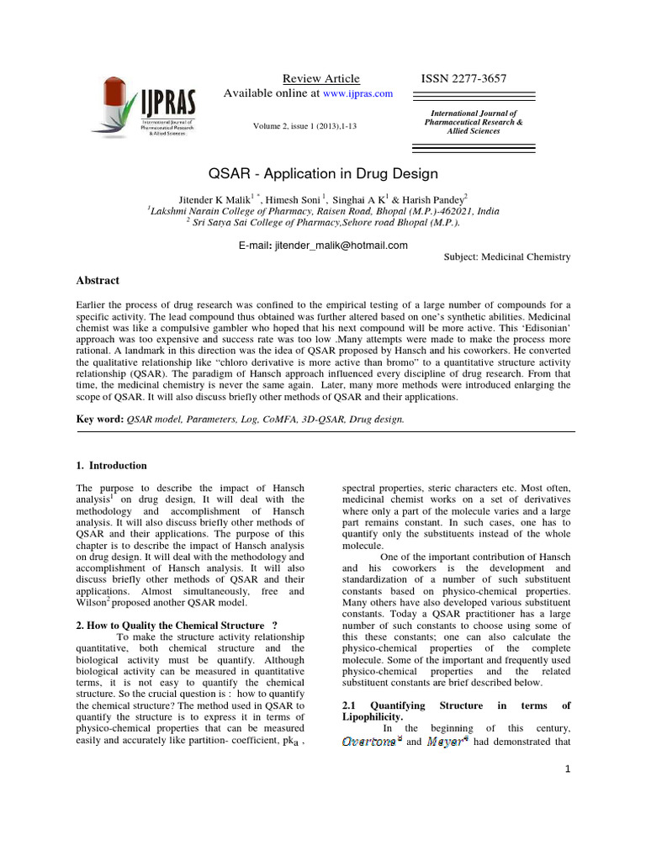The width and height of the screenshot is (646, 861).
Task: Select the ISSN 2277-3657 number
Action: pos(463,78)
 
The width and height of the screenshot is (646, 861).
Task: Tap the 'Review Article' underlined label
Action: pos(320,78)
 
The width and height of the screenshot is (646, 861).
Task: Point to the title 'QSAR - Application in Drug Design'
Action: pos(322,174)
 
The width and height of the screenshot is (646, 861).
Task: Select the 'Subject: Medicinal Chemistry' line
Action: pos(506,257)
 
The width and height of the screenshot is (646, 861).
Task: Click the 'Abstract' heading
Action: pos(98,280)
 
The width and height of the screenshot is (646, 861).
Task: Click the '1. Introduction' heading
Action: pos(112,465)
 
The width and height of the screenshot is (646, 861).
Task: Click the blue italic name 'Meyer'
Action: pos(446,742)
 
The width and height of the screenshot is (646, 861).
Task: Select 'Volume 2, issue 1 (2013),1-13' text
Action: pos(310,126)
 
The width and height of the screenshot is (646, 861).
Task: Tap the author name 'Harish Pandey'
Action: pos(432,198)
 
